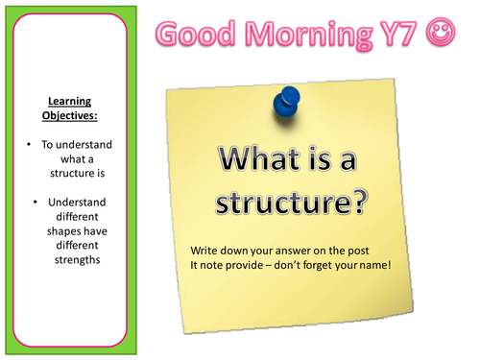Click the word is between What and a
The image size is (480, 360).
[330, 159]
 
